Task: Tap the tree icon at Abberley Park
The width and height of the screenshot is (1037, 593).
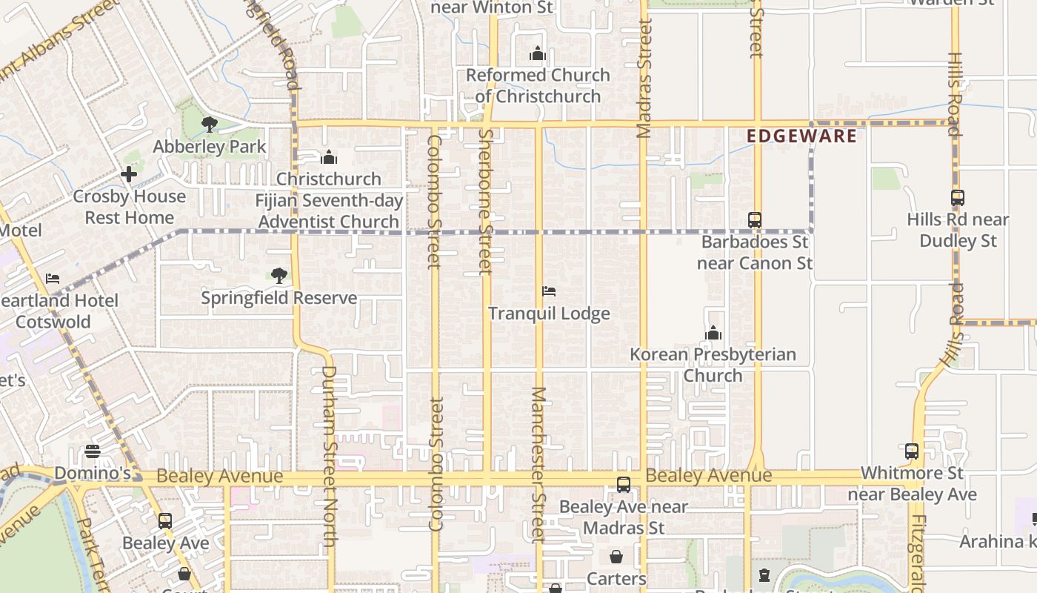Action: (210, 124)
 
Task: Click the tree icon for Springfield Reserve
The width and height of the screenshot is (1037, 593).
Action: (279, 276)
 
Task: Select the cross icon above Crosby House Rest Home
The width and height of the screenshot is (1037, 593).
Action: (129, 175)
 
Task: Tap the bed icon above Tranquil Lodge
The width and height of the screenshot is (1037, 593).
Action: (549, 291)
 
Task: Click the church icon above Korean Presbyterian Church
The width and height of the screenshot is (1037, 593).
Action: (713, 333)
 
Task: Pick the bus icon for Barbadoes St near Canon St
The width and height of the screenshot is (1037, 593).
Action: (755, 219)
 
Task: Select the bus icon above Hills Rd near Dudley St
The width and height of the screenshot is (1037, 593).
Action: (957, 198)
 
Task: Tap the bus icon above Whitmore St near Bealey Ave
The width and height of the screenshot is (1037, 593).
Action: (912, 451)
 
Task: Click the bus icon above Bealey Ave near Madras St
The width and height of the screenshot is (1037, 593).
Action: (624, 485)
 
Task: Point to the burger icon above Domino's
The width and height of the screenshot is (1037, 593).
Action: (93, 451)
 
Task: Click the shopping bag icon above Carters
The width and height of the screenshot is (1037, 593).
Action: (616, 556)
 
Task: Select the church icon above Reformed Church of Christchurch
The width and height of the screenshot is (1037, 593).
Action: (538, 53)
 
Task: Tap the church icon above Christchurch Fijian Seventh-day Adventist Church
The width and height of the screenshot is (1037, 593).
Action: (329, 157)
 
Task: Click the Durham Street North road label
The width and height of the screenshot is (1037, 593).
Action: (329, 456)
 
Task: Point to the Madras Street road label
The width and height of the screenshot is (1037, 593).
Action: (644, 79)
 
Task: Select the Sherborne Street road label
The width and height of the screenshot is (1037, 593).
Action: (486, 202)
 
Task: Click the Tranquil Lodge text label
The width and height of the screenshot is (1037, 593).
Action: (549, 314)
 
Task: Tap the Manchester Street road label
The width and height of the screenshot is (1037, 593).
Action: (538, 465)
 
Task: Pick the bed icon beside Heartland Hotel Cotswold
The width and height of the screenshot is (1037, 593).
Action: (53, 279)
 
